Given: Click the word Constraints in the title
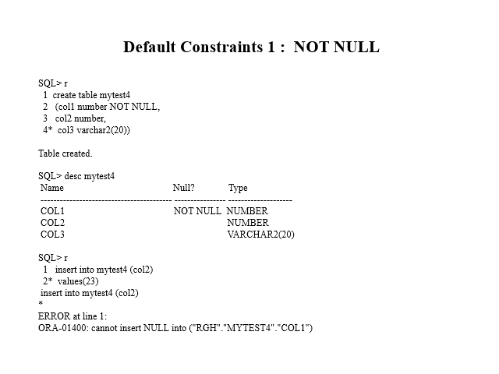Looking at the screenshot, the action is click(x=221, y=47).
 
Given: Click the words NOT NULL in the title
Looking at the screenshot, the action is click(x=336, y=47).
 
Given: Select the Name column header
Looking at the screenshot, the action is click(x=52, y=188).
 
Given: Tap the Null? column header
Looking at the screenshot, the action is click(x=184, y=188).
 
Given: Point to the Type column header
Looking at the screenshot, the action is click(x=238, y=188).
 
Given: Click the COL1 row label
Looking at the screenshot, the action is click(x=52, y=211).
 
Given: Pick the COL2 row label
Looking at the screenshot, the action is click(x=52, y=223).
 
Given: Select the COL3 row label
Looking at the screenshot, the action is click(x=52, y=235).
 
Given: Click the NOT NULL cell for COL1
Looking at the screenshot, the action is click(x=197, y=211).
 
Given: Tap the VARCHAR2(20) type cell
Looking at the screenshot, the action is click(x=261, y=235).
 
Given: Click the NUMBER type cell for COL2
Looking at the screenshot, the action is click(x=248, y=223).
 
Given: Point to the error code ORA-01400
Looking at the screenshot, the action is click(x=62, y=328).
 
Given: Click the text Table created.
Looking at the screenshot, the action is click(x=65, y=153).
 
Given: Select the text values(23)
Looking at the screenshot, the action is click(x=78, y=281).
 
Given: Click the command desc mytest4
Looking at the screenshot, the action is click(x=90, y=176).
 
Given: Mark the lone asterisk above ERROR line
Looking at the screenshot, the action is click(x=41, y=303).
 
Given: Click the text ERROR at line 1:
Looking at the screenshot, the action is click(x=73, y=316).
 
